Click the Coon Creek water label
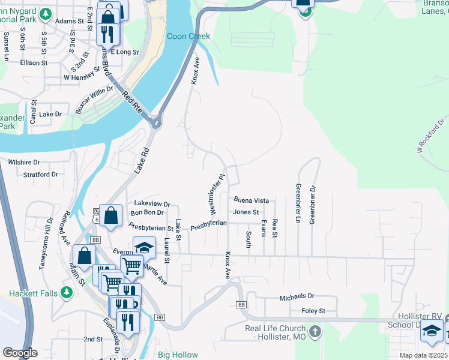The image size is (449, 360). [188, 37]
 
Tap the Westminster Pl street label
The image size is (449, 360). [216, 195]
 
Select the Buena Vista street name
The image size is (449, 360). [251, 200]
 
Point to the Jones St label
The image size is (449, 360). [246, 212]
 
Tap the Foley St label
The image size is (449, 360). [313, 311]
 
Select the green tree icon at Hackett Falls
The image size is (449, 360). [67, 292]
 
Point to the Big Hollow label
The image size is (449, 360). [178, 355]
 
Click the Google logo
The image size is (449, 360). [20, 353]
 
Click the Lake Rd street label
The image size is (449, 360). [140, 161]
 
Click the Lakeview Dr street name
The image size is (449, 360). [152, 204]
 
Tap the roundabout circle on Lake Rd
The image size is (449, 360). [157, 124]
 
